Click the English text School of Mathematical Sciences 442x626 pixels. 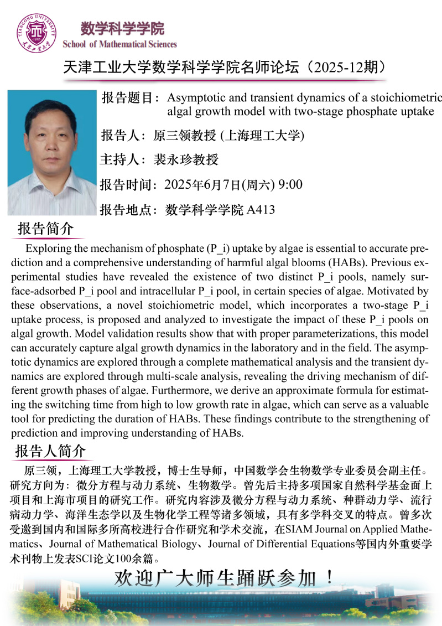[x=120, y=44]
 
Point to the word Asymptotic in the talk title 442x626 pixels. [x=193, y=98]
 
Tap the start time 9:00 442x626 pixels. [x=290, y=184]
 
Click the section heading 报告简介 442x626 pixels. [x=45, y=229]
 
